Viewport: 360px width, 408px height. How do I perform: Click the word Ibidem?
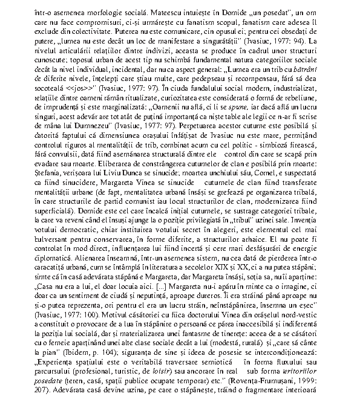[x=64, y=369]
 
